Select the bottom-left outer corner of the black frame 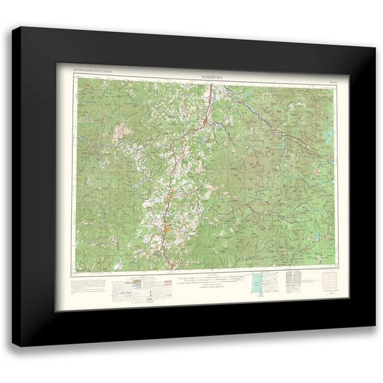tap(13, 346)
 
